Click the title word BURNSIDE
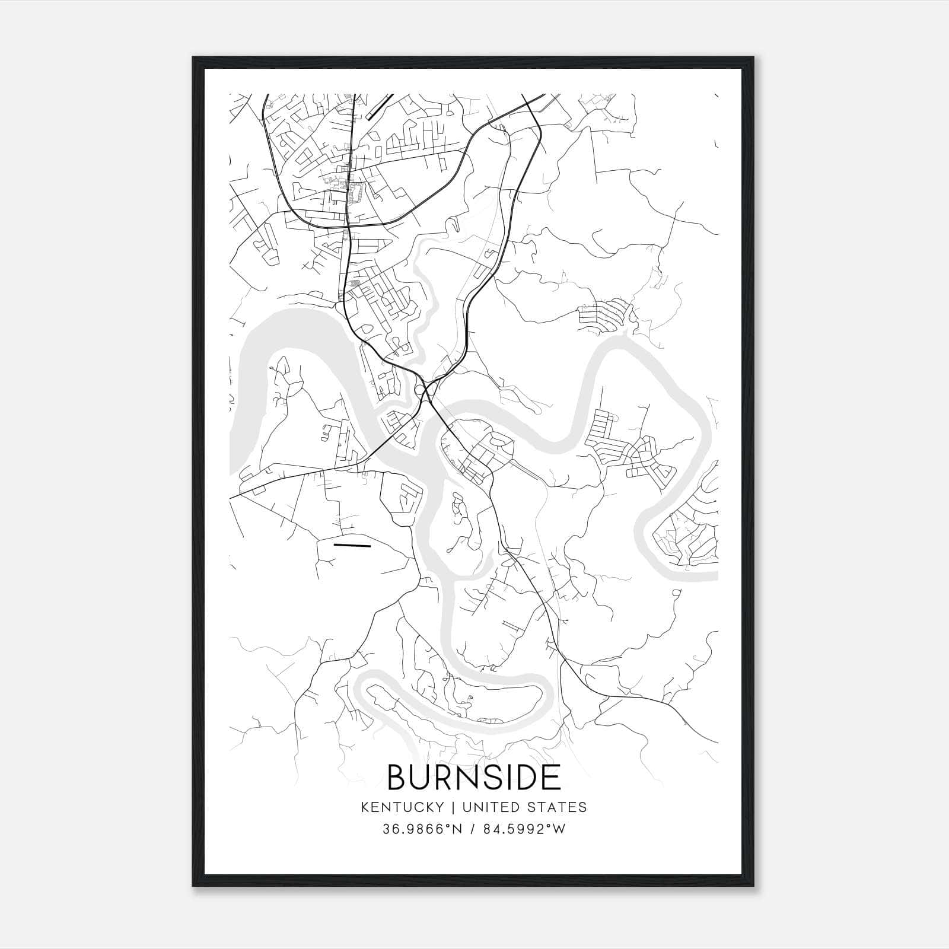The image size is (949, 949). click(x=474, y=777)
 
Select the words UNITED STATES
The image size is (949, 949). click(x=524, y=807)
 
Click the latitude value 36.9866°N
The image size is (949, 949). click(x=422, y=829)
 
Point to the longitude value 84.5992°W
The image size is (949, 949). click(x=525, y=829)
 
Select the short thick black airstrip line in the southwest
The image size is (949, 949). click(x=352, y=544)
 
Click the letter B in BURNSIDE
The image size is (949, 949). click(x=397, y=777)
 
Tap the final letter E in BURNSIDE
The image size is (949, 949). click(x=552, y=777)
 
